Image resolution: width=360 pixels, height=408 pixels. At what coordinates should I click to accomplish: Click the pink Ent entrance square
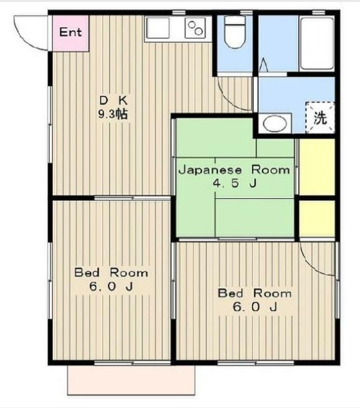pyautogui.click(x=71, y=33)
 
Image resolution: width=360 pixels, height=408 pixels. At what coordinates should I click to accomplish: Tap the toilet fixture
pyautogui.click(x=235, y=31)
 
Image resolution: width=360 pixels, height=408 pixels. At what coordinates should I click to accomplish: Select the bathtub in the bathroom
pyautogui.click(x=317, y=44)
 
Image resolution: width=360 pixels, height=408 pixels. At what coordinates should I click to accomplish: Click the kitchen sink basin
pyautogui.click(x=157, y=28)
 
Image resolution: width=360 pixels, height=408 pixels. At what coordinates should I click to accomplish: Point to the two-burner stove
pyautogui.click(x=195, y=28)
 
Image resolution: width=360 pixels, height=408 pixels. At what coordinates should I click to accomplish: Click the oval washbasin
pyautogui.click(x=275, y=124)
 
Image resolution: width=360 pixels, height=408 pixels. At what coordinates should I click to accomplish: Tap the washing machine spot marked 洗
pyautogui.click(x=320, y=117)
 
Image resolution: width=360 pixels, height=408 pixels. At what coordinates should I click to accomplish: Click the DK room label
pyautogui.click(x=114, y=100)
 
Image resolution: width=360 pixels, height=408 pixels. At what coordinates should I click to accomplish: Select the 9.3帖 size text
pyautogui.click(x=113, y=114)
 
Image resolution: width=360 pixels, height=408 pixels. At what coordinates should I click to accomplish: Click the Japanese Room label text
pyautogui.click(x=234, y=170)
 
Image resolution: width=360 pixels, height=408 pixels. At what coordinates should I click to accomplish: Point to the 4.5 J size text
pyautogui.click(x=235, y=183)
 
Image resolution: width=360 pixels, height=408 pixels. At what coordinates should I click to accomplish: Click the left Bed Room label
pyautogui.click(x=111, y=273)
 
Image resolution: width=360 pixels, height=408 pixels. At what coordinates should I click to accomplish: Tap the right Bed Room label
pyautogui.click(x=255, y=293)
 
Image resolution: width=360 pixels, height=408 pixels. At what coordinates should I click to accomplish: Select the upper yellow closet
pyautogui.click(x=317, y=167)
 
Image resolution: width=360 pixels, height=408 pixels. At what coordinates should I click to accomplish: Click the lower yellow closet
pyautogui.click(x=317, y=219)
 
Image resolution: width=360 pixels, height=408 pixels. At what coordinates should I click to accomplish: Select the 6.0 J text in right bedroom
pyautogui.click(x=255, y=307)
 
